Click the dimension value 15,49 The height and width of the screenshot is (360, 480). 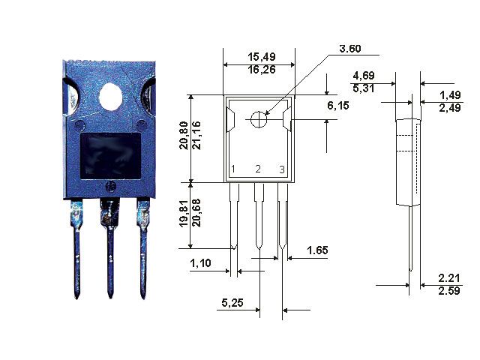coord(262,57)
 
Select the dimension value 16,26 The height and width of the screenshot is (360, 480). coord(262,70)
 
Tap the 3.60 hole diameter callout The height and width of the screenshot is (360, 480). coord(350,48)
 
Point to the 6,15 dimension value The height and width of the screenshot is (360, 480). coord(338,106)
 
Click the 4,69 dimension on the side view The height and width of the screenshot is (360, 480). coord(364,76)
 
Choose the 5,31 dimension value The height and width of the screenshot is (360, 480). coord(364,88)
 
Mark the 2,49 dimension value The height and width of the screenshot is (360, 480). coord(450,108)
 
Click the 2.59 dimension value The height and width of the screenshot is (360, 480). coord(449,291)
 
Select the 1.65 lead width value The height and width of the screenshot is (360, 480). coord(317,250)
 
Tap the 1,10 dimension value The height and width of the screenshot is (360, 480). coord(200,263)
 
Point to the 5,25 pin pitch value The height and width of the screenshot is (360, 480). coord(232,303)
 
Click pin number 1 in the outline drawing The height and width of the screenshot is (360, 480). coord(233,169)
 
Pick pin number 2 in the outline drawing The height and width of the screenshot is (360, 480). coord(258,169)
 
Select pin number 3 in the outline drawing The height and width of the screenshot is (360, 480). coord(282,169)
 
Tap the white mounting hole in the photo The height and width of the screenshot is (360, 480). coord(110,97)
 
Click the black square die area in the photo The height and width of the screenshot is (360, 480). coord(110,156)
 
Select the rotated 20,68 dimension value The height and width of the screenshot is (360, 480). coord(196,213)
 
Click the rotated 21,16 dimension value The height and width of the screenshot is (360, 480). coord(196,135)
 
